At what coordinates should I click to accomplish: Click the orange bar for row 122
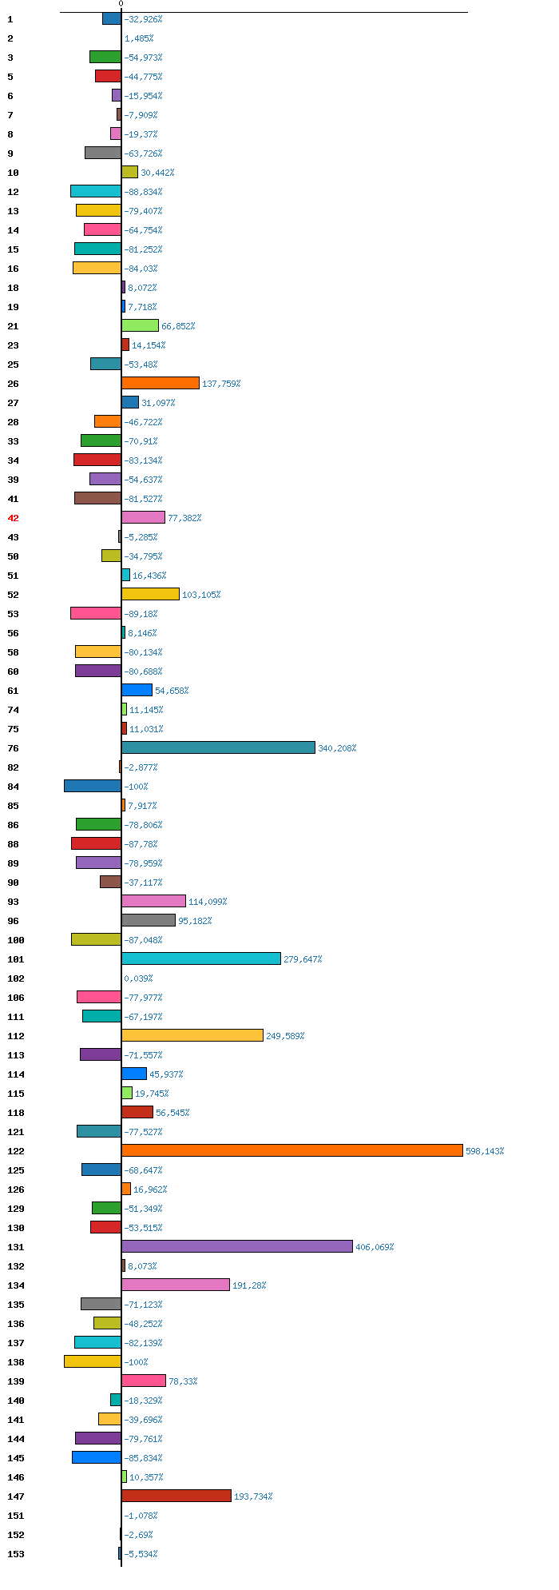point(291,1150)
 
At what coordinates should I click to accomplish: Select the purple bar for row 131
point(236,1246)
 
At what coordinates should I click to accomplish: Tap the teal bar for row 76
point(218,747)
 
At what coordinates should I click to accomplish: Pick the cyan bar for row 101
point(200,958)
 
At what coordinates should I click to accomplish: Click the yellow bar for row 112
point(192,1035)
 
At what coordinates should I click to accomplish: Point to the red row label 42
point(13,518)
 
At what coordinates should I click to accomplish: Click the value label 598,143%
point(485,1151)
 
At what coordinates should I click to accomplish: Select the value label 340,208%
point(337,748)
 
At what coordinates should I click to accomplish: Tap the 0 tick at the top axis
point(121,4)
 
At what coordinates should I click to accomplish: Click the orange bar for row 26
point(160,383)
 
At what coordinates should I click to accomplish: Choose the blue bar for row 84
point(93,786)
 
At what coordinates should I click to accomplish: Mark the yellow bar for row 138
point(93,1361)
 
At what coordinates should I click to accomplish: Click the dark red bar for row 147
point(176,1496)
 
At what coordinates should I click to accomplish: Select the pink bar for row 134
point(175,1285)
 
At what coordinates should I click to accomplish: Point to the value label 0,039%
point(138,978)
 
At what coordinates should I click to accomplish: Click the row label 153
point(16,1554)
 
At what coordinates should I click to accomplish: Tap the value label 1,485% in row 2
point(139,38)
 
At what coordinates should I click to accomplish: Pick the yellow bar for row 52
point(150,594)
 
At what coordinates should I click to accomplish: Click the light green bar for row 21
point(140,325)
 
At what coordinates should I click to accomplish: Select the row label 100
point(16,940)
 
